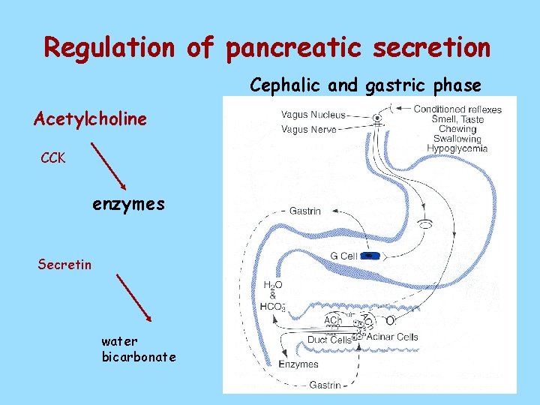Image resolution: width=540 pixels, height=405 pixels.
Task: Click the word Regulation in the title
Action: click(109, 47)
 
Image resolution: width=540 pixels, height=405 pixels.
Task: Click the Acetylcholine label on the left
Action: click(90, 119)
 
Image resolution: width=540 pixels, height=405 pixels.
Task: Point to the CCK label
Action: click(53, 158)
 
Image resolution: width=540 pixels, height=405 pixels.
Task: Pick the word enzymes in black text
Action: click(128, 203)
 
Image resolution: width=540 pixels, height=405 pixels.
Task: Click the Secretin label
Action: click(64, 263)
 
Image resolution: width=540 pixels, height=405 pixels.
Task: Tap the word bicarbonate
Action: click(139, 356)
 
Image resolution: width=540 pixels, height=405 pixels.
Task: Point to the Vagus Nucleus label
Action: click(313, 115)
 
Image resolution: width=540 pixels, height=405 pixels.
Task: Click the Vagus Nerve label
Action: click(308, 129)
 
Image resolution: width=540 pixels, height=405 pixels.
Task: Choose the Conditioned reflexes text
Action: click(457, 109)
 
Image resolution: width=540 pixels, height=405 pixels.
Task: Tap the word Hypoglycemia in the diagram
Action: click(457, 148)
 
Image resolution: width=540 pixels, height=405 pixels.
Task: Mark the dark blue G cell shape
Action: click(370, 256)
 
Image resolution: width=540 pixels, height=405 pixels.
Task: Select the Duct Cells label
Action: click(329, 340)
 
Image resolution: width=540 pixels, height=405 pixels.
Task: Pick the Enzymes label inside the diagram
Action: click(298, 364)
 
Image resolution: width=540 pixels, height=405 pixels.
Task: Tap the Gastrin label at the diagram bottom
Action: click(325, 385)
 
